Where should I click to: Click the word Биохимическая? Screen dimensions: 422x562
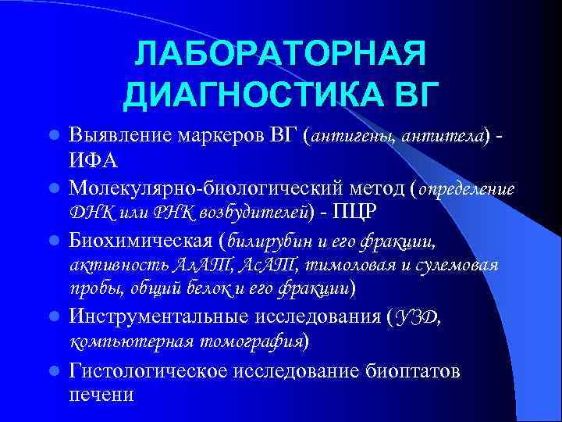(x=140, y=238)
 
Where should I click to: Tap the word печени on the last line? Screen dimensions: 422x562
(x=101, y=394)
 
